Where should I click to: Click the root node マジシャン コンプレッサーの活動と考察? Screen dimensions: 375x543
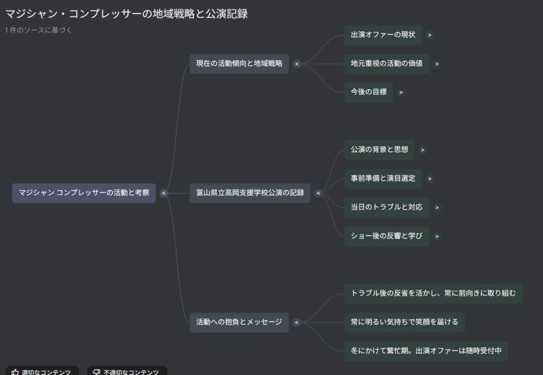click(x=84, y=193)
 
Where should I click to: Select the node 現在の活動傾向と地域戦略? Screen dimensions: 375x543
click(x=239, y=64)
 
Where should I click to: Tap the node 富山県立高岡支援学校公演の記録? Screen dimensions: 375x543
click(x=250, y=193)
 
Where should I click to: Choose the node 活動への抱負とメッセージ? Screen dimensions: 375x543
click(x=239, y=322)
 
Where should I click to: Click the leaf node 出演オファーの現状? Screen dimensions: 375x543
click(x=383, y=35)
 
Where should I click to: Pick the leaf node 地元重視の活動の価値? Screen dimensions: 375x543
click(x=387, y=64)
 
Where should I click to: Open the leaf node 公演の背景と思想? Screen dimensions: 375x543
click(x=379, y=150)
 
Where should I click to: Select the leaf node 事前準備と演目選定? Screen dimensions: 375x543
click(x=383, y=178)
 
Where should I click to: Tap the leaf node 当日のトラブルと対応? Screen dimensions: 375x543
click(x=387, y=207)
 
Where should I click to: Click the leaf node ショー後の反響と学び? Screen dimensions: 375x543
click(x=387, y=236)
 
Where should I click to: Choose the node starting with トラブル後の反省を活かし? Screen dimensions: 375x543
click(x=433, y=293)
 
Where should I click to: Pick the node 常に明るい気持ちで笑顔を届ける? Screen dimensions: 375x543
click(x=404, y=322)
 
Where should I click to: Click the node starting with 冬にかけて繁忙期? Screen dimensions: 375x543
click(x=426, y=351)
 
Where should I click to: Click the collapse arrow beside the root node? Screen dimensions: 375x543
click(x=164, y=193)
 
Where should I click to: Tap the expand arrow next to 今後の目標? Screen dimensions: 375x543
click(x=401, y=93)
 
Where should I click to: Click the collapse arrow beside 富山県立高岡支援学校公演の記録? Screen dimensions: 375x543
click(x=318, y=193)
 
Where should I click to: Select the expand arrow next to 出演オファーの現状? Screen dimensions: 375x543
click(x=430, y=35)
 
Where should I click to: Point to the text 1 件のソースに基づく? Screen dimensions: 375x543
click(x=39, y=30)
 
